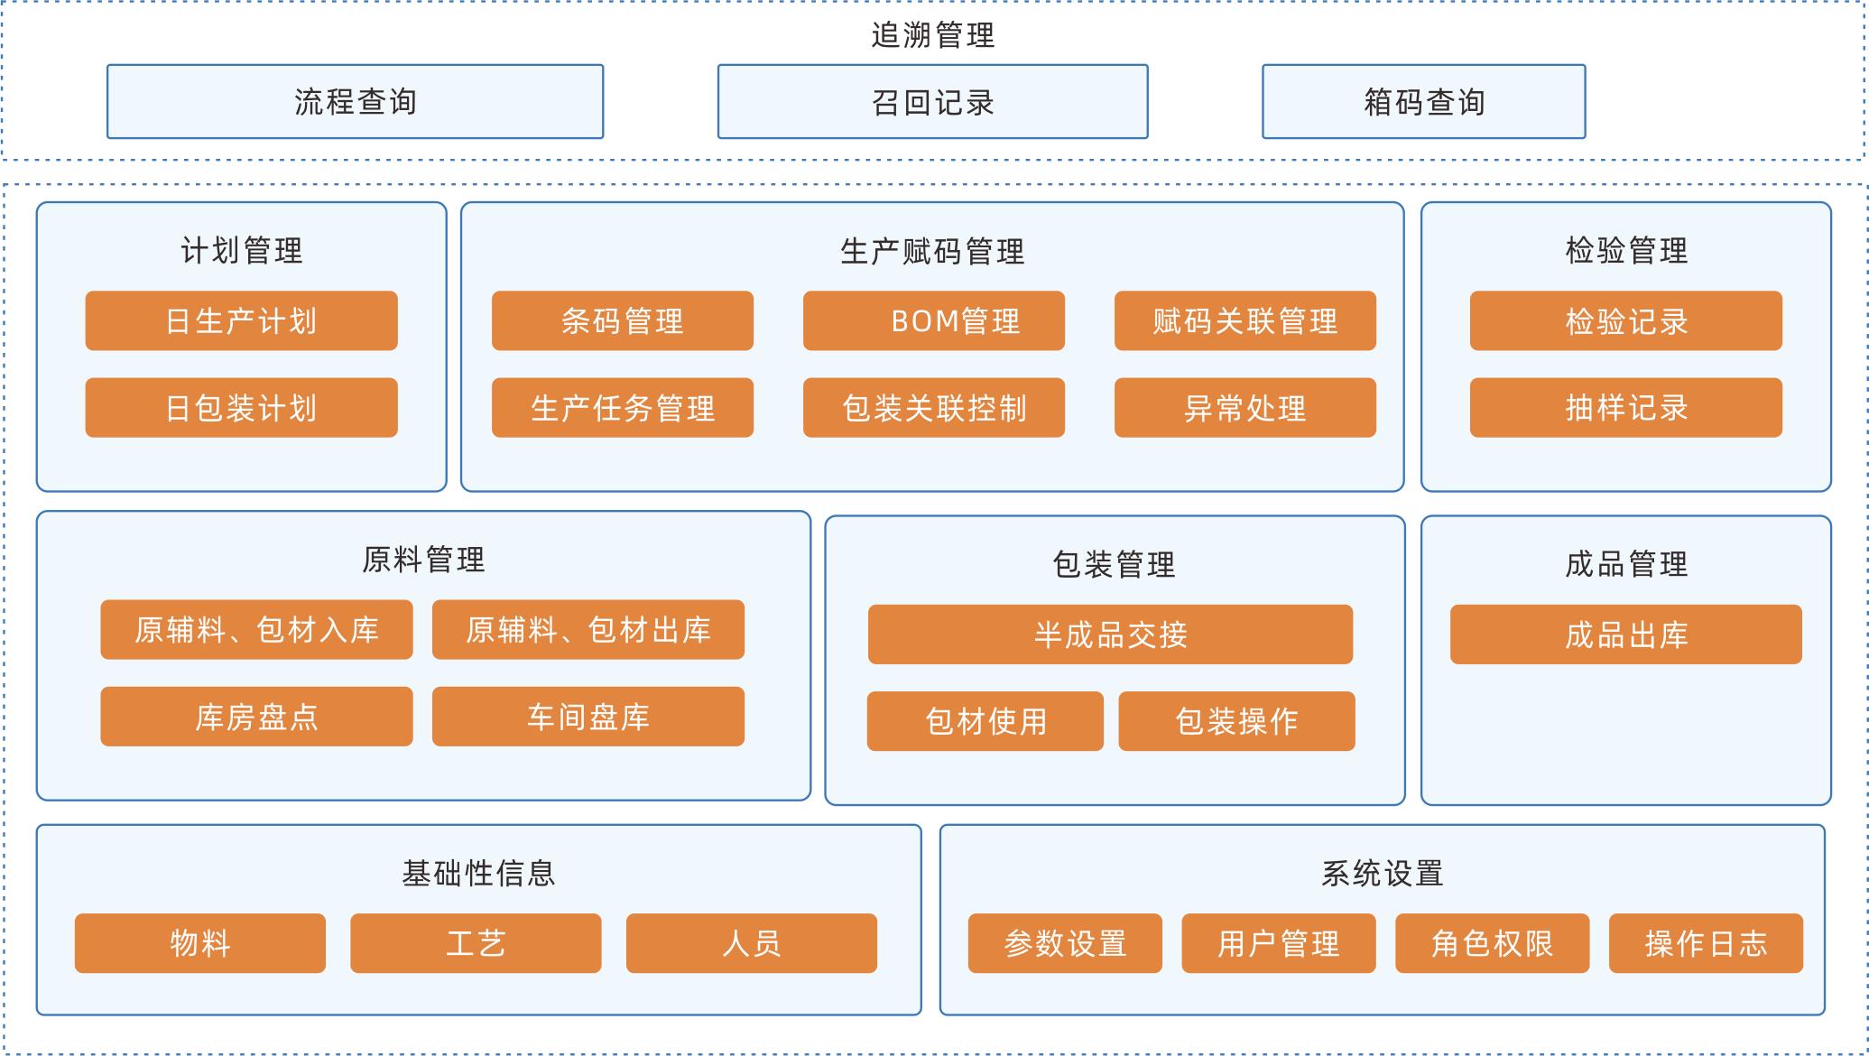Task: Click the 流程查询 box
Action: pos(355,102)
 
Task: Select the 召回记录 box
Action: pos(932,102)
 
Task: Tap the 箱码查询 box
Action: pos(1423,102)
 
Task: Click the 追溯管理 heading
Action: pos(932,35)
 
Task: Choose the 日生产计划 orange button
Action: pos(241,320)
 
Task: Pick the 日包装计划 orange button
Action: pos(241,408)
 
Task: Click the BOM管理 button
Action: pos(933,320)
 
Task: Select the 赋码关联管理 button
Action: pos(1244,320)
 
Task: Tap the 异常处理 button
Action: pos(1244,408)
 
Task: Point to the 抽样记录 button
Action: pos(1625,408)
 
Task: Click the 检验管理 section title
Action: pos(1625,250)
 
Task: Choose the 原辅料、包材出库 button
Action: pos(588,630)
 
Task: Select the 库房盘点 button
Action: pos(256,717)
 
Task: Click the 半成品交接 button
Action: pos(1110,635)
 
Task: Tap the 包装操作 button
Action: pos(1236,721)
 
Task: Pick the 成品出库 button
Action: pos(1625,635)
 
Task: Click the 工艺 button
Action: pos(476,943)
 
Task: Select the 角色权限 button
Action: pos(1492,943)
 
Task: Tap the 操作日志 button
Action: pos(1706,943)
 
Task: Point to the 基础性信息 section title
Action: pos(478,873)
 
